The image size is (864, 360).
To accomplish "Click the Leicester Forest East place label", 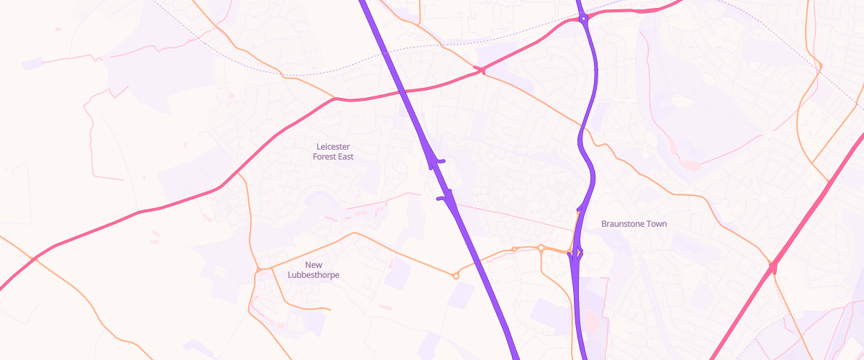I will click(333, 151).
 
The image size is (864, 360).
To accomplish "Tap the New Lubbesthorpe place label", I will click(313, 270).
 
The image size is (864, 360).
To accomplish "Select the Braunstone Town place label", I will click(634, 224).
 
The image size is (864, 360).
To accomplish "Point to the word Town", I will click(655, 224).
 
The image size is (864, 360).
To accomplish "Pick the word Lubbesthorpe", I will click(313, 275).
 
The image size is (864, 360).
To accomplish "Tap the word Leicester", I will click(333, 146).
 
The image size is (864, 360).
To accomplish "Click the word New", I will click(313, 265).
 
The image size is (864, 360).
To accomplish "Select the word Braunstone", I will click(622, 224).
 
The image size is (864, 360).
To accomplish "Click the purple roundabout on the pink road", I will click(584, 18).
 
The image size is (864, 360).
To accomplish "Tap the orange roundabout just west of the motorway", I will click(456, 275).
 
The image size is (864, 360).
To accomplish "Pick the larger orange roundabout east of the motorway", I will click(541, 248).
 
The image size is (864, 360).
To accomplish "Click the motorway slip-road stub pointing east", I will click(442, 161).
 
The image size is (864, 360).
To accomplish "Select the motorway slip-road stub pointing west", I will click(439, 199).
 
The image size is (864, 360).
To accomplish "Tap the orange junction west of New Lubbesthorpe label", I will click(258, 270).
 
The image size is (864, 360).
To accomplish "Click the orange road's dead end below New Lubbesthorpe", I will click(330, 310).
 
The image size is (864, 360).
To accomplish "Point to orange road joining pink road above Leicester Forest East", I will click(335, 99).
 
